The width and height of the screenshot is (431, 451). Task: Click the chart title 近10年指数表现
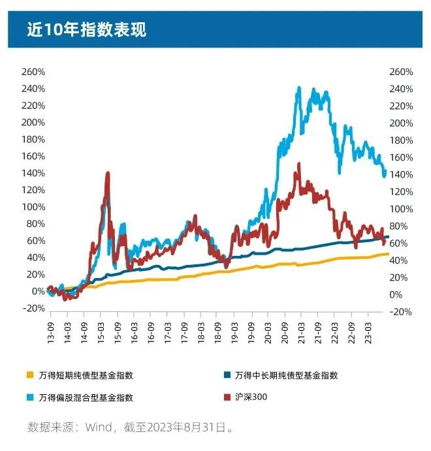tap(86, 29)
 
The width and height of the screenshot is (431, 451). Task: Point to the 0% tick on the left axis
tap(37, 291)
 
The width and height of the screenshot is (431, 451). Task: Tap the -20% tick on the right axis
tap(400, 311)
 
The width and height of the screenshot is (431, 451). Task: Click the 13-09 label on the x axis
tap(51, 328)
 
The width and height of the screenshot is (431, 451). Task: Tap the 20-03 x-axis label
tap(268, 328)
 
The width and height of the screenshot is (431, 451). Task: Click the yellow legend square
tap(30, 375)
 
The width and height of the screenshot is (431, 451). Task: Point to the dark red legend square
tap(228, 397)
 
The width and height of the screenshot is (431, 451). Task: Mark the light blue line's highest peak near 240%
tap(298, 87)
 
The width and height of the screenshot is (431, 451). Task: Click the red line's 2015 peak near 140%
tap(107, 174)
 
